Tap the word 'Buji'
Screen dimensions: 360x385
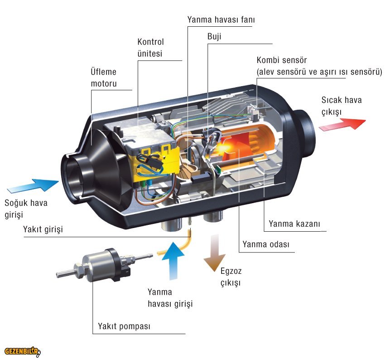pos(215,36)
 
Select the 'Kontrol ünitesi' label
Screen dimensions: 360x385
pos(150,48)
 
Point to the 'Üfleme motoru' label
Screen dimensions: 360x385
pos(104,78)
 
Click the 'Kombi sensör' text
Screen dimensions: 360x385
pos(281,60)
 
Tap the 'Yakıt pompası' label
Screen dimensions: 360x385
pos(124,326)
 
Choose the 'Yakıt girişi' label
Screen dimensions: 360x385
pos(43,229)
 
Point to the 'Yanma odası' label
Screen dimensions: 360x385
pos(265,244)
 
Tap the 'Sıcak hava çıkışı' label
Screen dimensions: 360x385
pos(342,106)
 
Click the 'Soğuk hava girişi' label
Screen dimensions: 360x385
pos(26,208)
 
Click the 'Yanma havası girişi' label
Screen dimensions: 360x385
pos(170,298)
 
